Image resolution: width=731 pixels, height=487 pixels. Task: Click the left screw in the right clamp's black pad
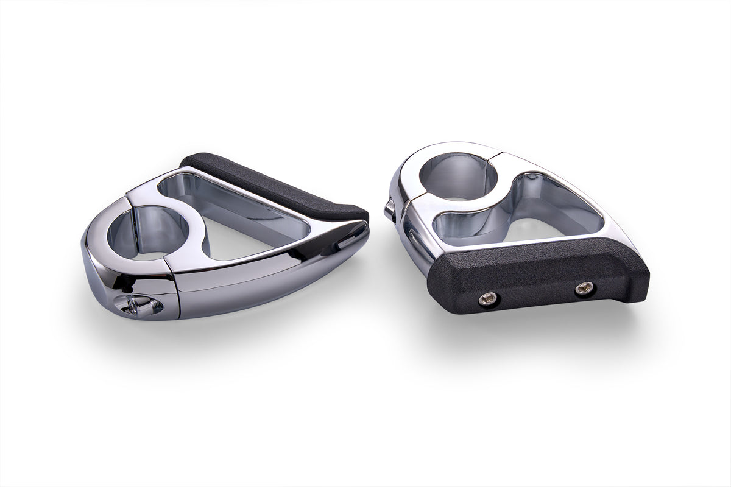point(487,298)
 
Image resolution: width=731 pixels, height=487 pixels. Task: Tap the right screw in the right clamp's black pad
point(585,289)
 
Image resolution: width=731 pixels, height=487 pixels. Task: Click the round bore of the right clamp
point(457,177)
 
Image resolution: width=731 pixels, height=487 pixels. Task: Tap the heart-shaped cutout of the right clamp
point(524,213)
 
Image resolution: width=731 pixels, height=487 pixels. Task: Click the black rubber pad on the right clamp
point(536,274)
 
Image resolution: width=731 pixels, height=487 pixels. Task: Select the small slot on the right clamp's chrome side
point(415,240)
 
